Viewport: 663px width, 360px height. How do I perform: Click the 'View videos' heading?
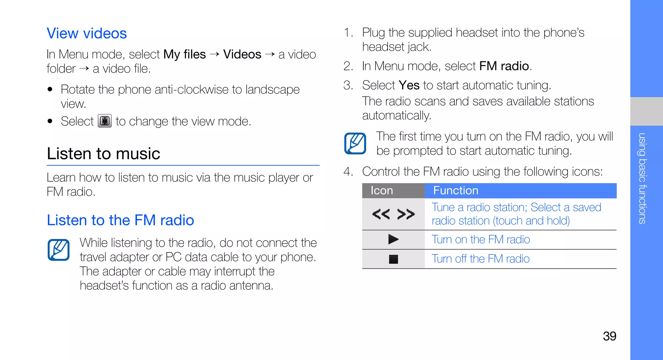click(87, 33)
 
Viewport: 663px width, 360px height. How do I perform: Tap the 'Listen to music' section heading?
click(104, 153)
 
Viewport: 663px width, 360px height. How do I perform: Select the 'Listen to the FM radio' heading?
click(120, 220)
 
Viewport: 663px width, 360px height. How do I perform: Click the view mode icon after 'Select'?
click(105, 121)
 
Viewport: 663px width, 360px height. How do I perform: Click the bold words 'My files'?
click(185, 54)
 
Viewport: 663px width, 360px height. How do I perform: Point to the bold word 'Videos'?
click(242, 54)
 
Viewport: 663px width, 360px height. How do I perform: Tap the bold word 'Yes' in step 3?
click(409, 85)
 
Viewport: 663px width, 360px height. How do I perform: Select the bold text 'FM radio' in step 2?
click(504, 66)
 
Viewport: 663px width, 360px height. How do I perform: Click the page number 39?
click(609, 336)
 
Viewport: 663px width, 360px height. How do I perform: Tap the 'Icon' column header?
click(382, 190)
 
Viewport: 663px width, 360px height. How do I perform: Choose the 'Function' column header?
click(455, 190)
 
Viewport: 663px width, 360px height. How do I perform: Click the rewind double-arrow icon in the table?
click(381, 214)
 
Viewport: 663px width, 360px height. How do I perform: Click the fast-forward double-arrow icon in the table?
click(406, 214)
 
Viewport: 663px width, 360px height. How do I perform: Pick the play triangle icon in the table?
click(393, 239)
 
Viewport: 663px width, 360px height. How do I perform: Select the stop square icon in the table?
click(393, 259)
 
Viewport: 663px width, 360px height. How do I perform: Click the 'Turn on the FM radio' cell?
click(481, 240)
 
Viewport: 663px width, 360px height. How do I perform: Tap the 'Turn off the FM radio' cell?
click(480, 259)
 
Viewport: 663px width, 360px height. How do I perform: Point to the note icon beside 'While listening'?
click(59, 250)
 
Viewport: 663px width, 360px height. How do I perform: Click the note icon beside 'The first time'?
click(355, 143)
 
